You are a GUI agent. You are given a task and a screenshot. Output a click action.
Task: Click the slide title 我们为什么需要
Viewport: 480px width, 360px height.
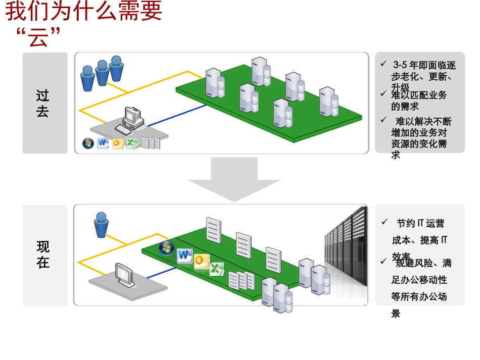click(84, 12)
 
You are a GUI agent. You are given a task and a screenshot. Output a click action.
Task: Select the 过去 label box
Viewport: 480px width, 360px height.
click(44, 103)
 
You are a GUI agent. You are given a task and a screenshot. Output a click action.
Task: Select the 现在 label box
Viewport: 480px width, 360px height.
click(44, 255)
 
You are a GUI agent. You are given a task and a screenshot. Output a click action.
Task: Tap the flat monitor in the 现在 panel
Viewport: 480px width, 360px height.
click(124, 276)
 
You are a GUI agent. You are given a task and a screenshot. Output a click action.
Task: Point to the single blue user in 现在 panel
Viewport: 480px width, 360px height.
click(101, 225)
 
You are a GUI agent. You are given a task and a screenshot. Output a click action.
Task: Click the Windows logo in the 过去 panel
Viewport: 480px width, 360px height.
click(88, 144)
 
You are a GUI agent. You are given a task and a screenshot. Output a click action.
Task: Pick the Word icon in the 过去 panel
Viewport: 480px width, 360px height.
click(103, 143)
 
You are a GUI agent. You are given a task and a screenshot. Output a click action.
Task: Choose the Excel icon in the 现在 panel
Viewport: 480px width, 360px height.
click(217, 269)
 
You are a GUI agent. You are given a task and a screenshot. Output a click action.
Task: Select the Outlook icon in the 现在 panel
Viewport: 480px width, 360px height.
click(201, 262)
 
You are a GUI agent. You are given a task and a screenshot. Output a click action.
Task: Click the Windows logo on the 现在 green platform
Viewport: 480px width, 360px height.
click(166, 248)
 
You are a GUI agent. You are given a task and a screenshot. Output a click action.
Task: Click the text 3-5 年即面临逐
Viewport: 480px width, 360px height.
click(424, 65)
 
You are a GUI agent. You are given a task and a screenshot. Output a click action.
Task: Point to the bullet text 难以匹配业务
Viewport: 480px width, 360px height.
click(419, 95)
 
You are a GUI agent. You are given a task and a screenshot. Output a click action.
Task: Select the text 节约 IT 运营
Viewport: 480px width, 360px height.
click(420, 223)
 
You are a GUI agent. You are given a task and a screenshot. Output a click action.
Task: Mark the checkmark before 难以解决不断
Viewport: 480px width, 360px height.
click(383, 120)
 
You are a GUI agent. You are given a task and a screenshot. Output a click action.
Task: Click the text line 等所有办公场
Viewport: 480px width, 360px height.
click(419, 296)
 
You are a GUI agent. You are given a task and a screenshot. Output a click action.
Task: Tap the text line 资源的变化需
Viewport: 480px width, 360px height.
click(419, 143)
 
